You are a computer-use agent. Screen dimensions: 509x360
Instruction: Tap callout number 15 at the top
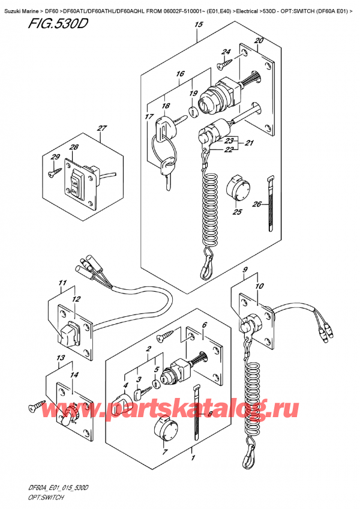pos(198,25)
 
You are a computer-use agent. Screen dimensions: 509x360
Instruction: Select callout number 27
pos(101,128)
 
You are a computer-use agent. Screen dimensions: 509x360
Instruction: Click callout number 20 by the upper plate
pos(259,40)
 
